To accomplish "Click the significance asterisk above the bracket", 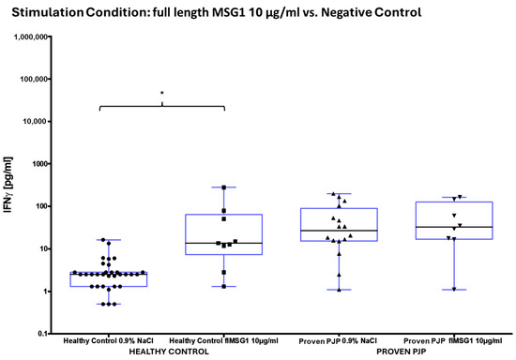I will coord(162,94).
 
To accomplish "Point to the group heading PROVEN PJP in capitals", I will coord(379,349).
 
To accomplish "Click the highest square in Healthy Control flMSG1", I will coord(224,187).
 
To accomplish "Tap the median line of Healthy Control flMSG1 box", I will coord(224,243).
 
